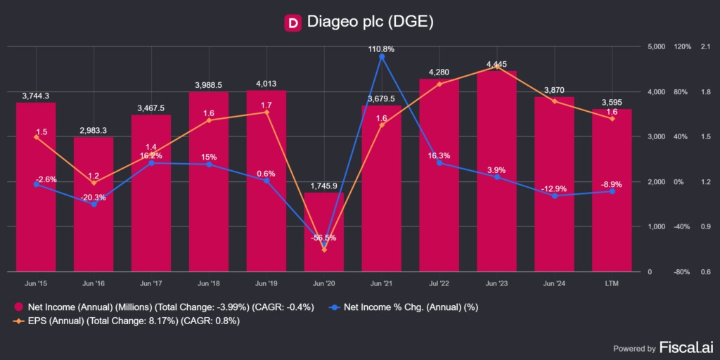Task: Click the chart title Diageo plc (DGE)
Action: tap(370, 22)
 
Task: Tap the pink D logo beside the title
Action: tap(292, 22)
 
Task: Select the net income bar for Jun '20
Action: tap(324, 232)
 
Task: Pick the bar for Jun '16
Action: tap(94, 204)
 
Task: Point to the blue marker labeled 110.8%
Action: tap(382, 57)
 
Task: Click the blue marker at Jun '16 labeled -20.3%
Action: tap(94, 205)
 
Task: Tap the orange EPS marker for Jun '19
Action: tap(266, 112)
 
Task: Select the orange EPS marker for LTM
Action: tap(612, 119)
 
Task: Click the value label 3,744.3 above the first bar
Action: tap(36, 96)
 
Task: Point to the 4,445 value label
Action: tap(496, 65)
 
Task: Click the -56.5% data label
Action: tap(324, 238)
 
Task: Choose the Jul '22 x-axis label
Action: tap(439, 283)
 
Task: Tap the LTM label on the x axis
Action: tap(612, 283)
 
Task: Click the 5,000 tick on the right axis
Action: tap(655, 47)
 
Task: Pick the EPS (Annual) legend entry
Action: tap(127, 321)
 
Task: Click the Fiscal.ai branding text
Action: tap(685, 347)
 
